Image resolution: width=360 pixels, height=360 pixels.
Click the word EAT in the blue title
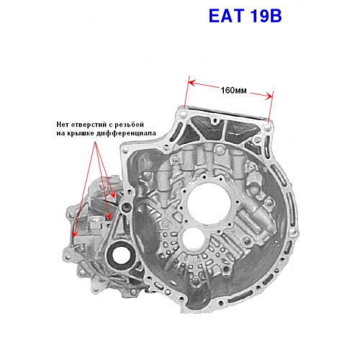pyautogui.click(x=227, y=16)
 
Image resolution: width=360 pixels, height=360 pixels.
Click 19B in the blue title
pyautogui.click(x=266, y=16)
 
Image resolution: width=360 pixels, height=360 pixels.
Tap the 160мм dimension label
pyautogui.click(x=233, y=91)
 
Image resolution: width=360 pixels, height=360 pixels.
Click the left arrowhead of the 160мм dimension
pyautogui.click(x=192, y=83)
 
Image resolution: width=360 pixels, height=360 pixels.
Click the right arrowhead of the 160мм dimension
pyautogui.click(x=269, y=96)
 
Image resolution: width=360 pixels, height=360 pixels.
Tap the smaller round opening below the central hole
pyautogui.click(x=194, y=238)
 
